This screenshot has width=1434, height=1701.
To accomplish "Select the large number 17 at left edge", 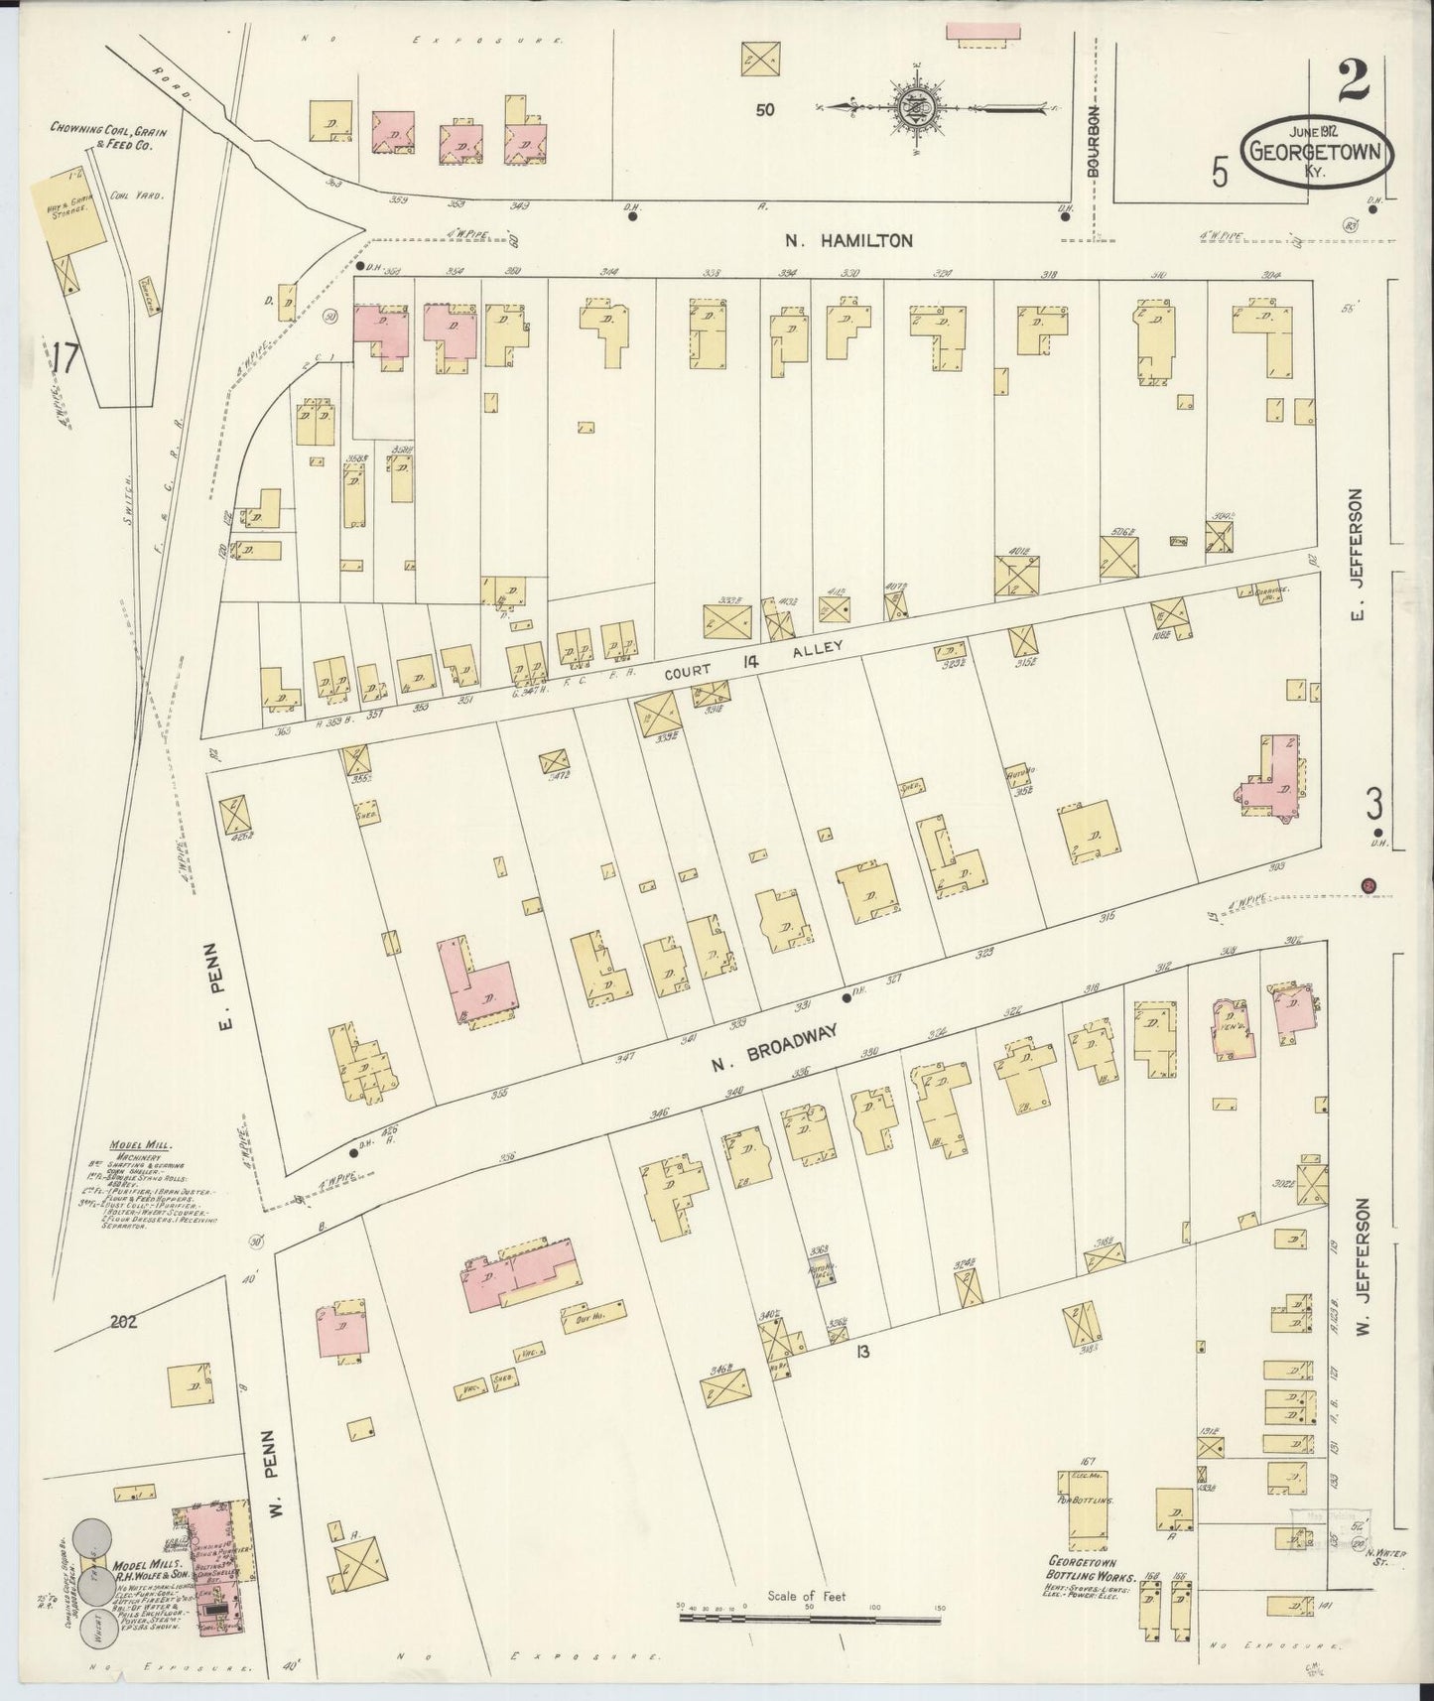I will [x=65, y=357].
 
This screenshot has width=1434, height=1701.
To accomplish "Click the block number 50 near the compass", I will [x=763, y=110].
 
